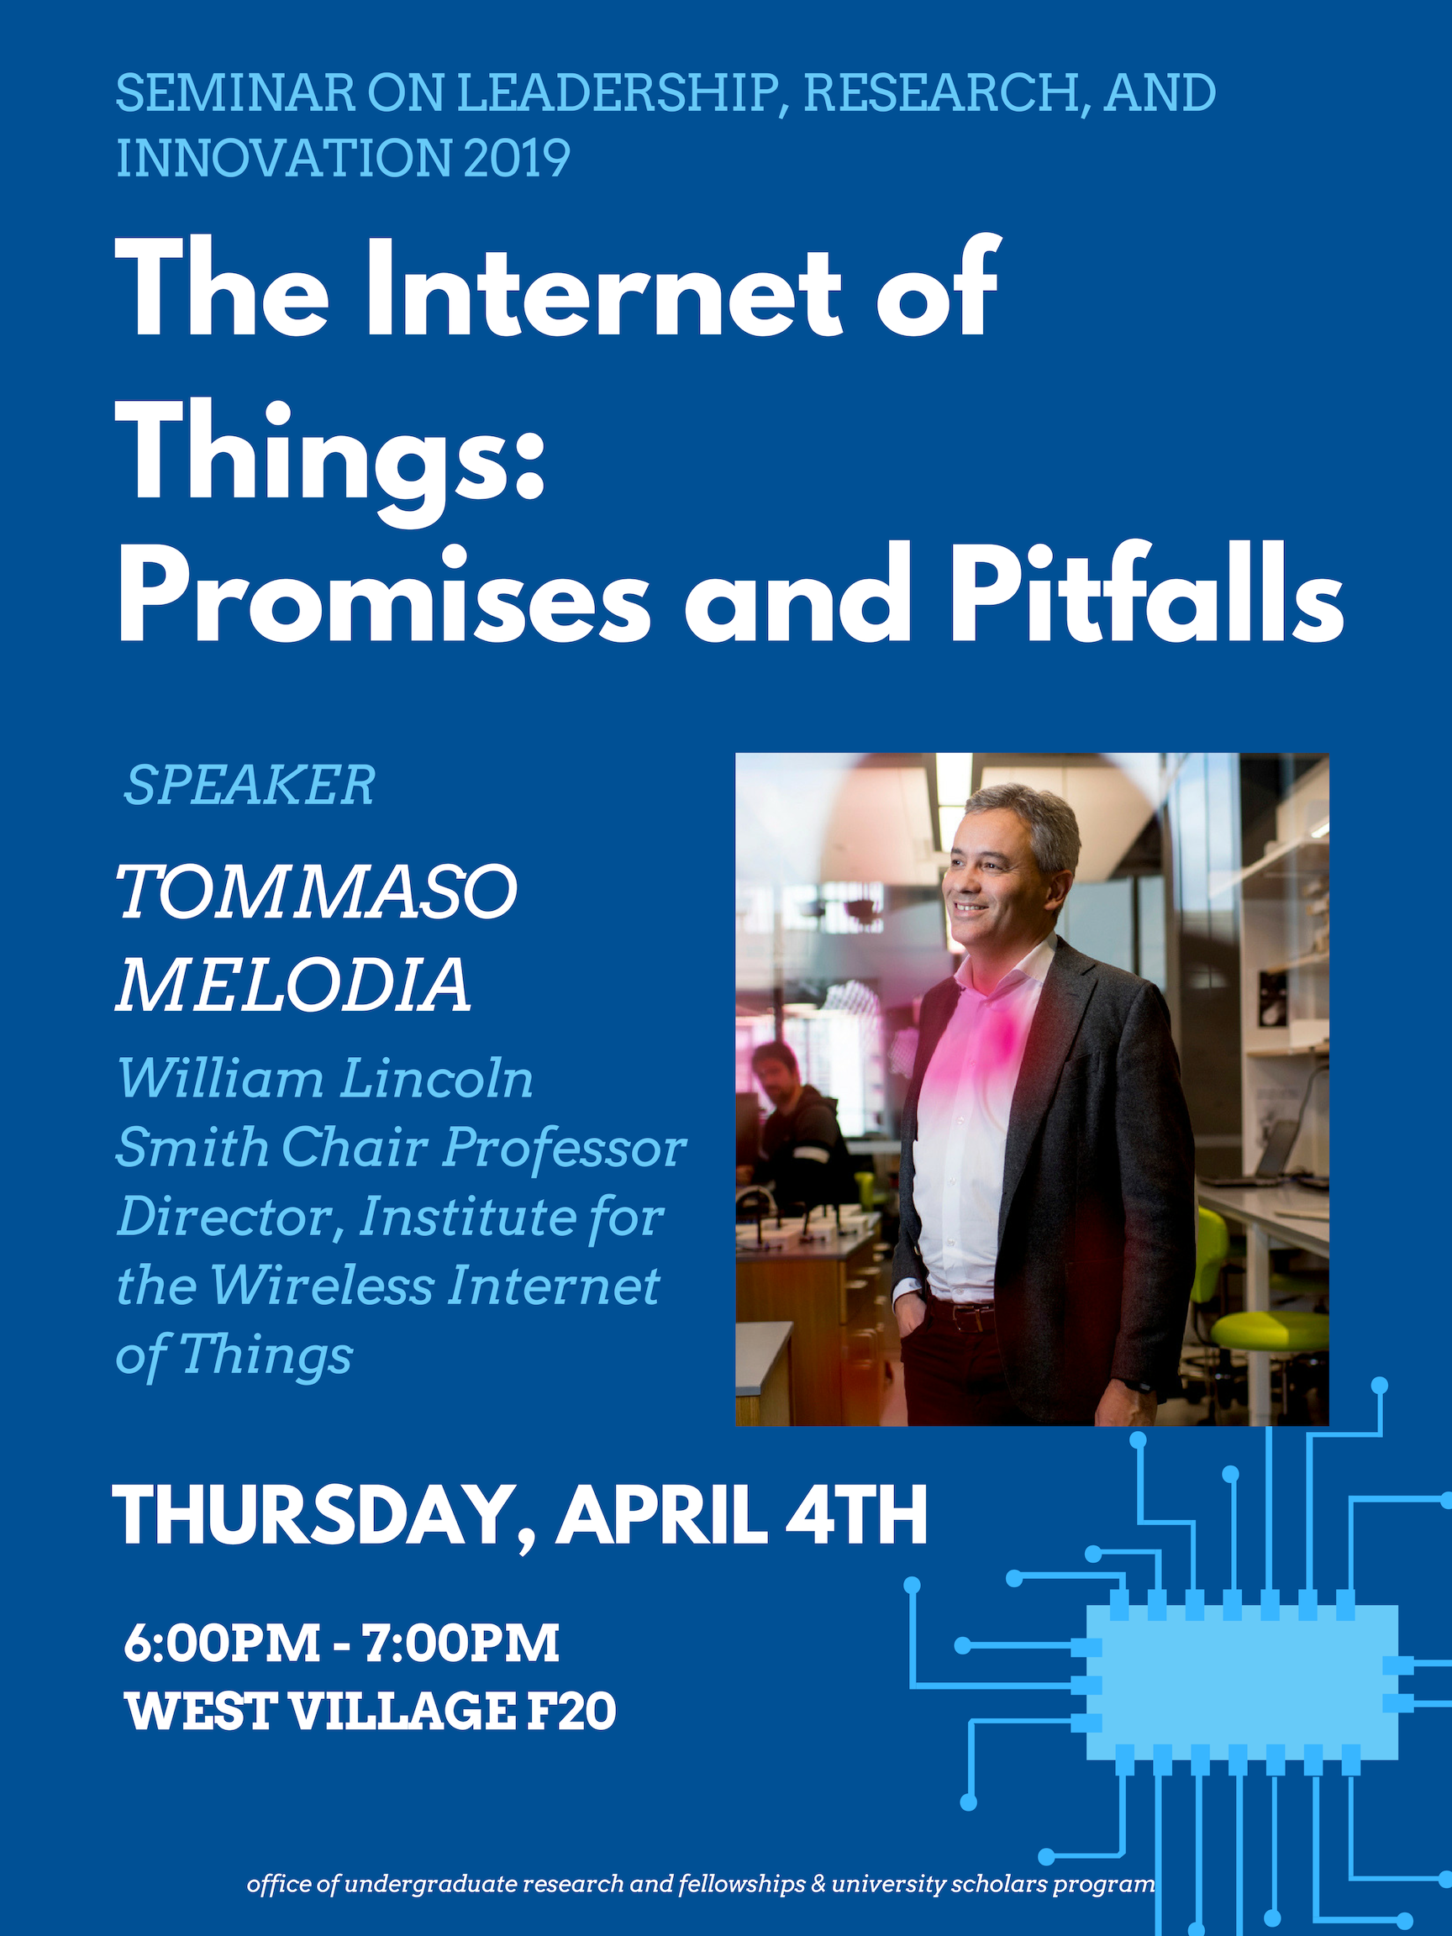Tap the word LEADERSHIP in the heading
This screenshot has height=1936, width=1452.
tap(615, 93)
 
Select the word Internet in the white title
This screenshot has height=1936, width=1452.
tap(603, 288)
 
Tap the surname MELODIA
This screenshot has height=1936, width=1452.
tap(294, 984)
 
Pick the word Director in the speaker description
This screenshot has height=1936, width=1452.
tap(231, 1218)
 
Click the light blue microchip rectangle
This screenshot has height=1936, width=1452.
tap(1241, 1682)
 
